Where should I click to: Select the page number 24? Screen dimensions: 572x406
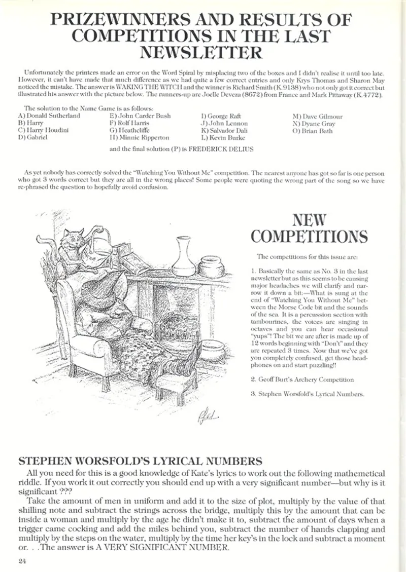coord(21,559)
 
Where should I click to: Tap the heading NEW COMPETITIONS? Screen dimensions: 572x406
coord(310,228)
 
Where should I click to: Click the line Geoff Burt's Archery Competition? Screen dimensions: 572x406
coord(302,379)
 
